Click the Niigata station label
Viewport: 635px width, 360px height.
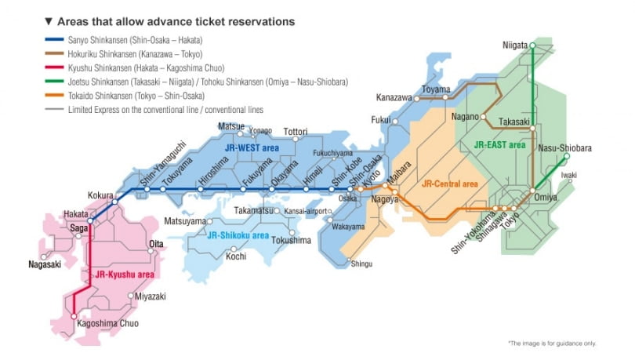(515, 45)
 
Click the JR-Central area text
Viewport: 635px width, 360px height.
(449, 184)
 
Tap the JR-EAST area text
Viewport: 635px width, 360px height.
(499, 145)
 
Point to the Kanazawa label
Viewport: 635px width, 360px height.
(394, 98)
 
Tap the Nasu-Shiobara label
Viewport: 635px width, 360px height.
(565, 148)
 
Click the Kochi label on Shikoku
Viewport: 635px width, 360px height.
(236, 256)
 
